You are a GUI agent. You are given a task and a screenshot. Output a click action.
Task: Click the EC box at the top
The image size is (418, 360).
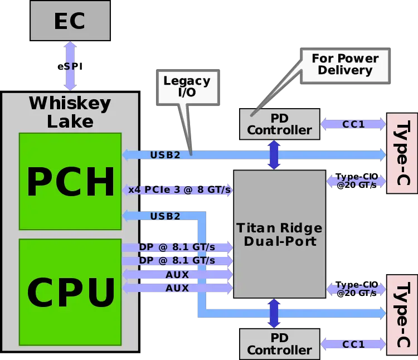coord(70,21)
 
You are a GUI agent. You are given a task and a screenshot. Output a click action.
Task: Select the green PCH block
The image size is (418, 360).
coord(70,181)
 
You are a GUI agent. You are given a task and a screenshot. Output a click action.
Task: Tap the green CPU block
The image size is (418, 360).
coord(70,291)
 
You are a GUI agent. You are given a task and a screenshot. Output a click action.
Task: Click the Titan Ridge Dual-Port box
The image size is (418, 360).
coord(279,234)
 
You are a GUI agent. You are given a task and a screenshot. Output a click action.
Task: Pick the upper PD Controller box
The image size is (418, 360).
coord(279,124)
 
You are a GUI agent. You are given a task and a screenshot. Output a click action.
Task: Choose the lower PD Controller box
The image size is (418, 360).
coord(279,344)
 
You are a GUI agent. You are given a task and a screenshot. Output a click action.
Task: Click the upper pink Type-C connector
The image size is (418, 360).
coord(402,153)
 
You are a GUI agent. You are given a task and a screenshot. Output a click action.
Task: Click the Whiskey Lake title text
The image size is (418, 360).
coord(70,112)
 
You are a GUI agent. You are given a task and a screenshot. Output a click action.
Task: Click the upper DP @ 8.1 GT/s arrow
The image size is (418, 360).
coord(177,247)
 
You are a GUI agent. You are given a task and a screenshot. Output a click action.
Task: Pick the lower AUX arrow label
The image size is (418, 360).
coord(177,288)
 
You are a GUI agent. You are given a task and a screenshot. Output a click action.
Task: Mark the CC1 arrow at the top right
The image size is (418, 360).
coord(353,124)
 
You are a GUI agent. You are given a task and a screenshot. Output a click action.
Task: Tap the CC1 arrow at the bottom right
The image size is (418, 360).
coord(353,344)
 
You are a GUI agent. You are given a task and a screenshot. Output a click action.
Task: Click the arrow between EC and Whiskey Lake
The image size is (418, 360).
coord(70,66)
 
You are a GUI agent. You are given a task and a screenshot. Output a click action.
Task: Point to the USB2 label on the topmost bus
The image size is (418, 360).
coord(165,155)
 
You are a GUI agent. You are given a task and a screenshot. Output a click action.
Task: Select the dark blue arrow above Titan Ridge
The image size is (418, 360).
coord(274,155)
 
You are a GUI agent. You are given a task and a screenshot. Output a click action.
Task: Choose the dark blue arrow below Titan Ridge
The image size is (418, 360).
coord(274,313)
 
